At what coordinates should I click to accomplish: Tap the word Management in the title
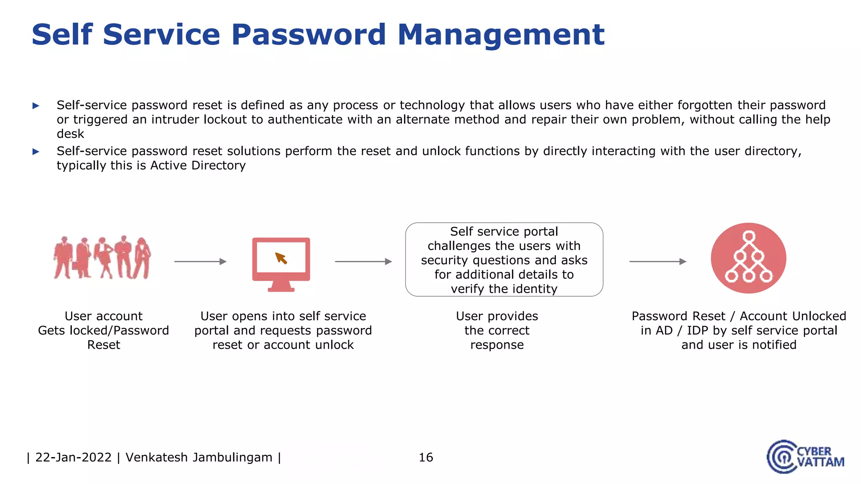tap(501, 34)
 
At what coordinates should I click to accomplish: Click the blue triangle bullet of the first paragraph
tap(36, 105)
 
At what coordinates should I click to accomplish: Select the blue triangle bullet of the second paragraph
tap(36, 152)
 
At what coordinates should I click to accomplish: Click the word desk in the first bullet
tap(70, 134)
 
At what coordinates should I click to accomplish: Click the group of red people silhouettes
tap(102, 258)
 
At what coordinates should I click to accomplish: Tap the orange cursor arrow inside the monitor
tap(281, 258)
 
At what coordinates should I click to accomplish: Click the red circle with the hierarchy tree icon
tap(748, 258)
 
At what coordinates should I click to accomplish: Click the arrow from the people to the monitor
tap(200, 261)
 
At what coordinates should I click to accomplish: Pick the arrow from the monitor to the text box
tap(363, 261)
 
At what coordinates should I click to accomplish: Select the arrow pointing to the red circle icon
tap(658, 261)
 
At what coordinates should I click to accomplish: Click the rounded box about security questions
tap(504, 260)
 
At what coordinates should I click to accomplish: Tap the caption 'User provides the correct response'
tap(497, 330)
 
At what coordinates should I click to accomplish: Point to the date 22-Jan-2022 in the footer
tap(74, 457)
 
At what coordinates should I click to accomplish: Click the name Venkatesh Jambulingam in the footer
tap(199, 457)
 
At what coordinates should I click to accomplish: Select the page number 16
tap(426, 457)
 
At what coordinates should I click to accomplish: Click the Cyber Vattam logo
tap(805, 457)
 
